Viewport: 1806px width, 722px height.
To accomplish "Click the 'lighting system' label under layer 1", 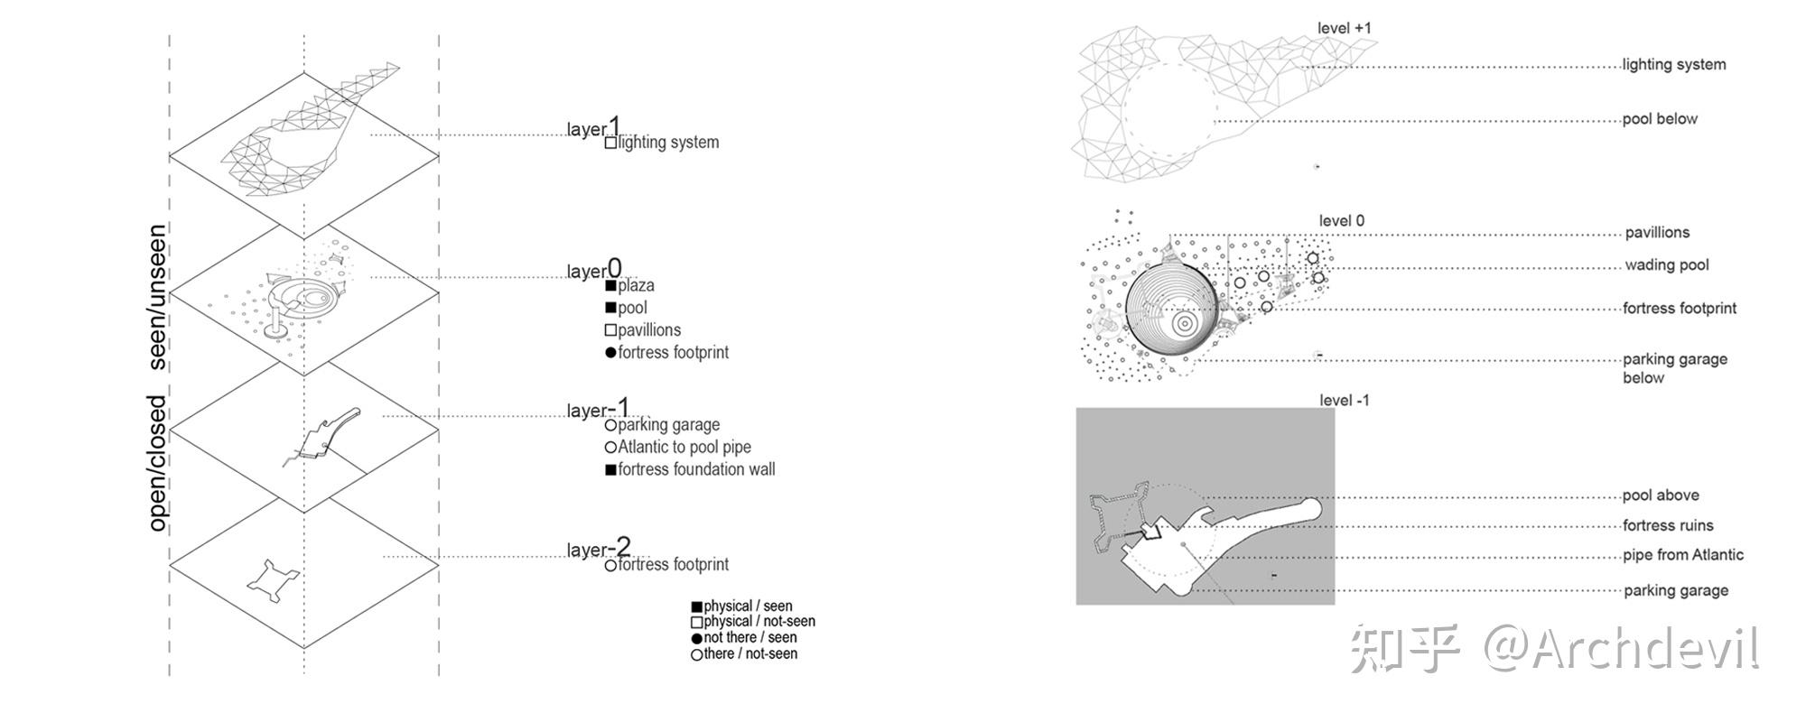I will click(x=668, y=143).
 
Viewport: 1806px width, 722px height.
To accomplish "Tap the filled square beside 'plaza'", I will click(x=611, y=286).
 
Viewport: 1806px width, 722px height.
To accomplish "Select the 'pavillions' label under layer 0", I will click(x=649, y=330).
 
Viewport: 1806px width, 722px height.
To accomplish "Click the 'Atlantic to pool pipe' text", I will click(x=684, y=447).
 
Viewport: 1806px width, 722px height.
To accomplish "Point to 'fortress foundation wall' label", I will click(x=696, y=469).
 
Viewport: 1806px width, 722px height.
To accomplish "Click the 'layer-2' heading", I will click(x=599, y=549).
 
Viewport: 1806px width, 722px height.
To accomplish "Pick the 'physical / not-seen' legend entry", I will click(x=759, y=622).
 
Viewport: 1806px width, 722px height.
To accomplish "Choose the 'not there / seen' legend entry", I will click(x=749, y=638).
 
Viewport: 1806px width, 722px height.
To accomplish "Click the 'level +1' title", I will click(x=1344, y=28).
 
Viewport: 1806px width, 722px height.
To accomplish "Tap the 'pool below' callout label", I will click(x=1660, y=119).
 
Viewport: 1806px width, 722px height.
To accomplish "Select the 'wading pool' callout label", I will click(x=1667, y=265).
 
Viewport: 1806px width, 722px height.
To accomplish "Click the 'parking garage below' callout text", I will click(x=1674, y=368).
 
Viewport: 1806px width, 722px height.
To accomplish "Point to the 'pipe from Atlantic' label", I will click(x=1683, y=555).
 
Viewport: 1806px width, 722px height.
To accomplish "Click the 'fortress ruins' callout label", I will click(x=1668, y=525).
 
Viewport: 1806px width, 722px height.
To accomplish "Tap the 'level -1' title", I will click(x=1344, y=401).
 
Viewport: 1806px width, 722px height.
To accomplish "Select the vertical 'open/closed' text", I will click(x=158, y=463).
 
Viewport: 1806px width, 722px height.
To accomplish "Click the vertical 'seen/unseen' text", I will click(x=158, y=297).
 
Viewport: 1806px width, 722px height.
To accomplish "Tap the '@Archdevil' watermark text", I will click(x=1621, y=649).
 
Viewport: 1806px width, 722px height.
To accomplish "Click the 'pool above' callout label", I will click(x=1661, y=495).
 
